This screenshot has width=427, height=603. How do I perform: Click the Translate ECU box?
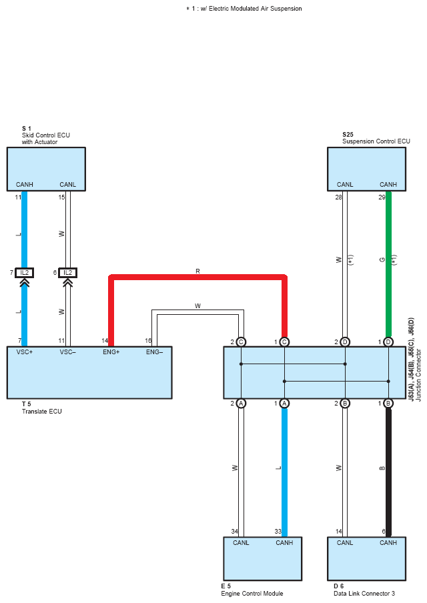89,372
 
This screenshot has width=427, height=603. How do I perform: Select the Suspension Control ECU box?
366,169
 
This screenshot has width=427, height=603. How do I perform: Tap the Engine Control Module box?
263,558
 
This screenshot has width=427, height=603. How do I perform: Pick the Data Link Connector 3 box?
366,558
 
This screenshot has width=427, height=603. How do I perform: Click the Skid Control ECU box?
46,169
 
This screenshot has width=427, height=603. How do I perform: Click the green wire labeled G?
388,265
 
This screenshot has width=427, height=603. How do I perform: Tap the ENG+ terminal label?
111,352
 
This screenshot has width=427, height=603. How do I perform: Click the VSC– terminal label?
67,352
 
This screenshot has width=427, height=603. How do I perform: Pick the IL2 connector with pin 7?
24,273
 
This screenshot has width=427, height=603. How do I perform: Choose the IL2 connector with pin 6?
67,273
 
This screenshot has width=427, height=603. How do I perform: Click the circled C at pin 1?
284,342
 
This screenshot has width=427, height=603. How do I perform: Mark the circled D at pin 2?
345,342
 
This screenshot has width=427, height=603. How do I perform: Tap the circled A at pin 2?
241,403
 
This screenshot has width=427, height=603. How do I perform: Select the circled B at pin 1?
388,403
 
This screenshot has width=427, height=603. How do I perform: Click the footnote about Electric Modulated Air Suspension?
244,9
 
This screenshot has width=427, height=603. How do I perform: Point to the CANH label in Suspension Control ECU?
388,185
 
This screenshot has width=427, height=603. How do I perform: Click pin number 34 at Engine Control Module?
235,532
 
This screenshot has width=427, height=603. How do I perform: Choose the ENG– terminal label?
154,352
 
